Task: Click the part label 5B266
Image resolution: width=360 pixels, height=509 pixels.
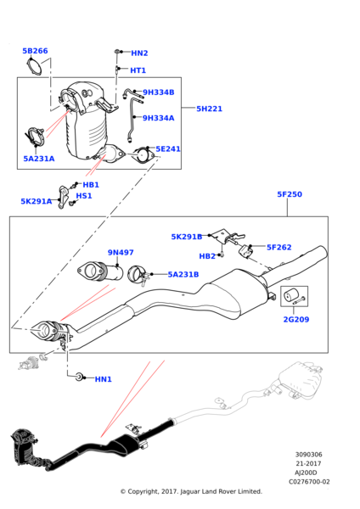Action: [x=35, y=51]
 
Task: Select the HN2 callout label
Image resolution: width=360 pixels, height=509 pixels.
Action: [x=139, y=53]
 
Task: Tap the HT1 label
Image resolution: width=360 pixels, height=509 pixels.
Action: [x=138, y=70]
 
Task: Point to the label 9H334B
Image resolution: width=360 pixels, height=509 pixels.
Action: [x=159, y=92]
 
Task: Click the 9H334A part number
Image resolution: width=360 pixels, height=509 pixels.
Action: [x=159, y=118]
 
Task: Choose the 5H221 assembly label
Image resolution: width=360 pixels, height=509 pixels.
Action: [x=209, y=109]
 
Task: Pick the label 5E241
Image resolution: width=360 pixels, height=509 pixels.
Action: [x=168, y=149]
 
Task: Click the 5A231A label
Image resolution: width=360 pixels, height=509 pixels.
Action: [x=39, y=159]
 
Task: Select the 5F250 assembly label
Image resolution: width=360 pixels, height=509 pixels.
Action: [x=290, y=194]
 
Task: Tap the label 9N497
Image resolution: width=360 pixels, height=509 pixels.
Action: [x=121, y=253]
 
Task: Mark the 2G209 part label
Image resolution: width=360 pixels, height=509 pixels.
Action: [x=296, y=320]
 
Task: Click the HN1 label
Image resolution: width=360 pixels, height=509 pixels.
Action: [x=104, y=379]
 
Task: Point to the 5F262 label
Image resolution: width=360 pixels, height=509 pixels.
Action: [x=279, y=248]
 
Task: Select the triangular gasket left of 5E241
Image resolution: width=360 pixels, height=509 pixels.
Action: [x=142, y=155]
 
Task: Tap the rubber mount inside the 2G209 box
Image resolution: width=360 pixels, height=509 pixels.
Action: [x=290, y=296]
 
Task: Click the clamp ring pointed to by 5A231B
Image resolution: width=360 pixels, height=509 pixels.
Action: [x=136, y=275]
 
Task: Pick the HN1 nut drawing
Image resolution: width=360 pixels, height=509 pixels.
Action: [x=79, y=377]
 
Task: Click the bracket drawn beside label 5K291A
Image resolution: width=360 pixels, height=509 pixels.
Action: [x=64, y=197]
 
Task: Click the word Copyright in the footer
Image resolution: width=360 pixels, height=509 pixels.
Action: [x=143, y=491]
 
